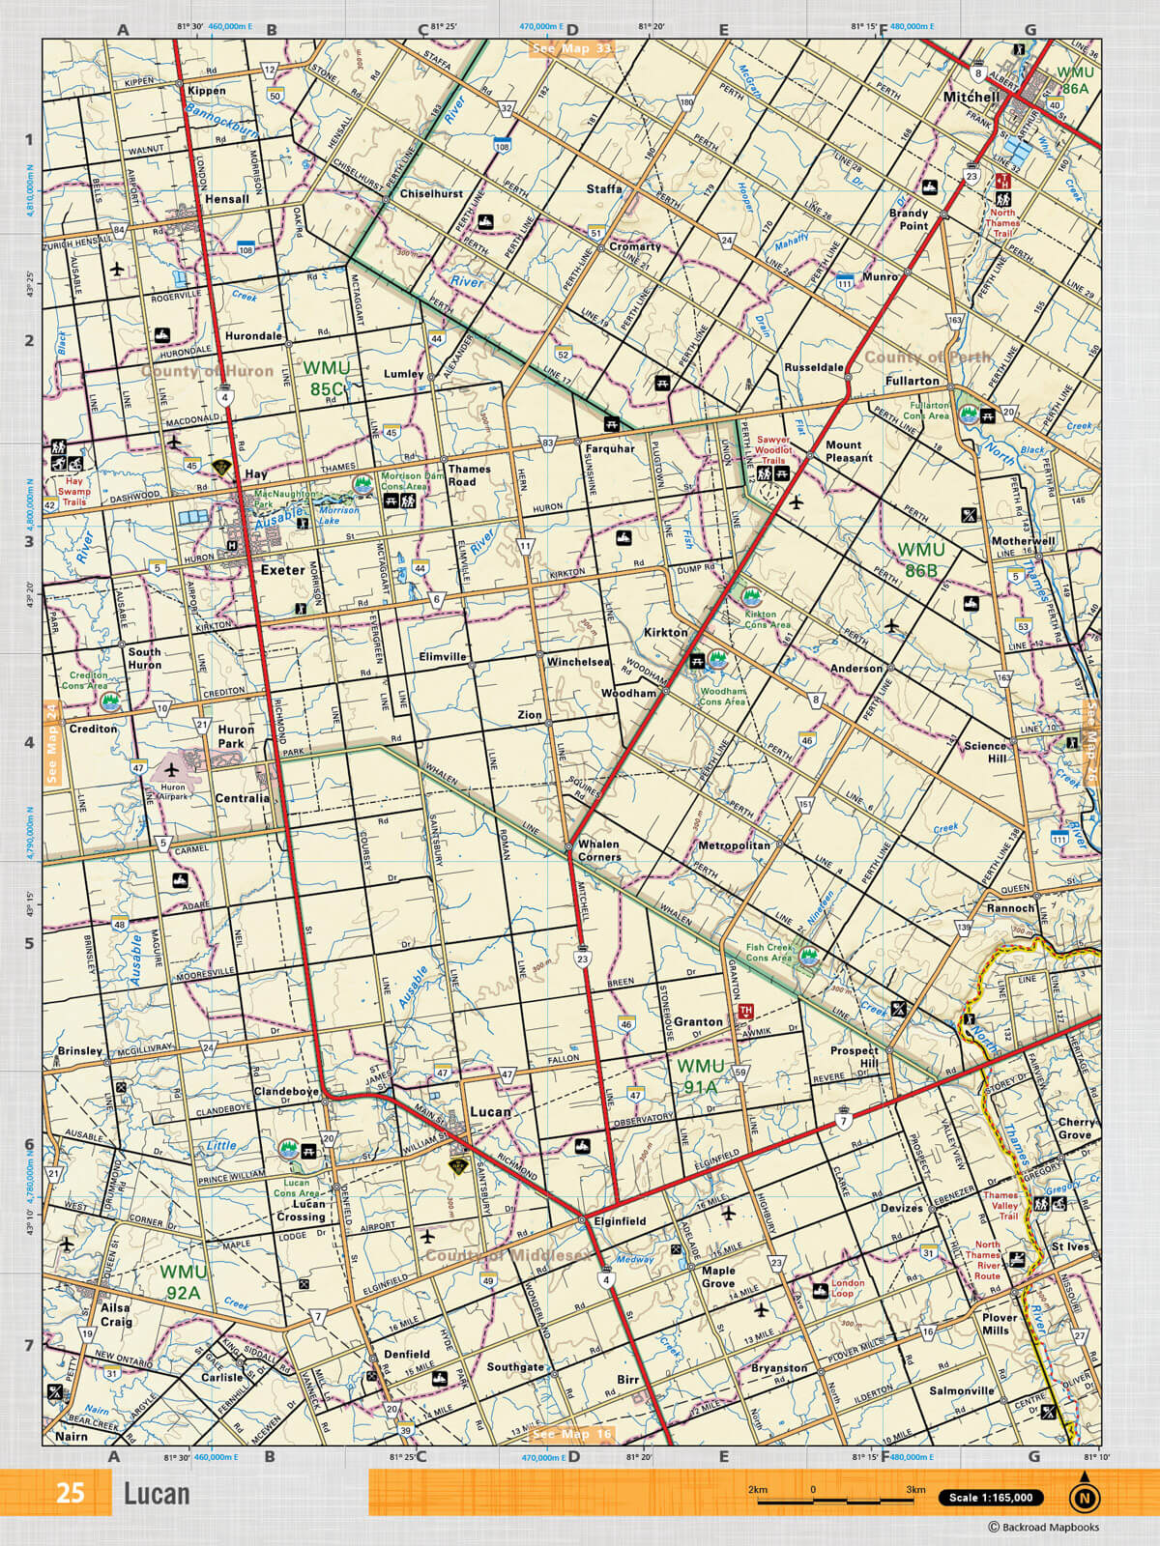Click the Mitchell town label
(x=971, y=97)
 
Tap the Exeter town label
(x=282, y=570)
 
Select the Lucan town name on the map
(x=490, y=1111)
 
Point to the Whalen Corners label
(x=598, y=850)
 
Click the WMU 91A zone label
(x=700, y=1075)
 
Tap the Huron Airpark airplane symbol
(x=172, y=770)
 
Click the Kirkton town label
(x=666, y=632)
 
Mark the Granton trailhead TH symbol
(x=745, y=1011)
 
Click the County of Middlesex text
(x=507, y=1255)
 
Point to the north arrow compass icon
(x=1084, y=1496)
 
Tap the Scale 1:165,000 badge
(x=990, y=1498)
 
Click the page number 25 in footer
(x=70, y=1493)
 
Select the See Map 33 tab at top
(x=572, y=48)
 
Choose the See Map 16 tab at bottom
(x=572, y=1434)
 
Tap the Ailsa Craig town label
(x=116, y=1314)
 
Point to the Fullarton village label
(x=912, y=381)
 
